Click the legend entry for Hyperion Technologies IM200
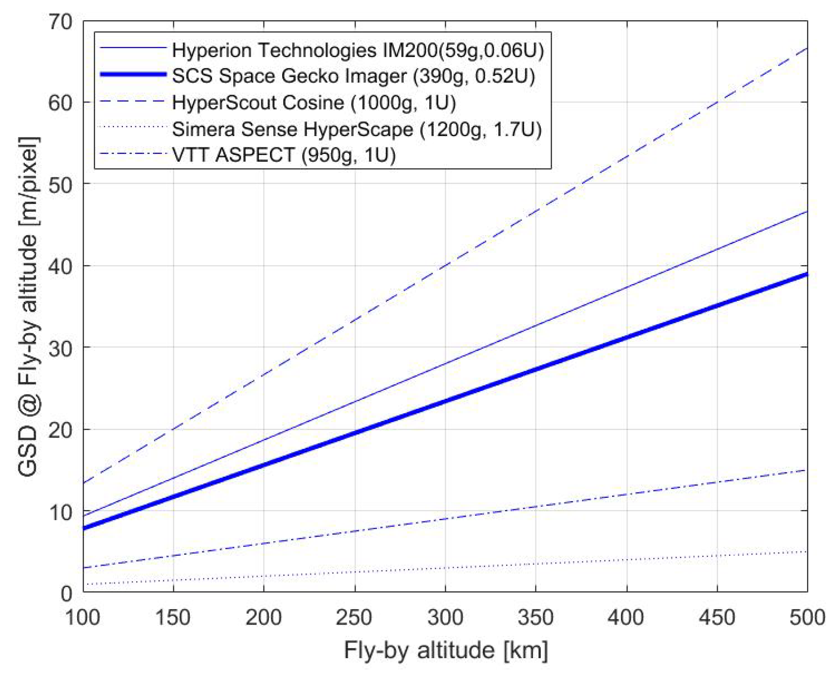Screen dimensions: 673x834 [358, 50]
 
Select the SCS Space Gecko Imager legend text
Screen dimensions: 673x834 [353, 76]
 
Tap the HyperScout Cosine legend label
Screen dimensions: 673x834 [313, 102]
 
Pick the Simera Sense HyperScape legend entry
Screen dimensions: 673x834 [357, 129]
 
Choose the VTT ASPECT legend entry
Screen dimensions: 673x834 [283, 155]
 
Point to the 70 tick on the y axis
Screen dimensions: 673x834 [60, 22]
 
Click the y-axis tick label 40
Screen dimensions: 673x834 [60, 266]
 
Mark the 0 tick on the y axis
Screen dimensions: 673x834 [66, 593]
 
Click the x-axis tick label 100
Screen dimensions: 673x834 [83, 618]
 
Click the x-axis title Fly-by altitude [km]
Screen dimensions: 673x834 [446, 650]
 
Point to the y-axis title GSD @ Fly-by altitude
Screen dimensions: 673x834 [28, 307]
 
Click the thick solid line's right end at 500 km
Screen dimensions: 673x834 [806, 274]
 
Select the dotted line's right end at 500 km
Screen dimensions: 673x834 [806, 551]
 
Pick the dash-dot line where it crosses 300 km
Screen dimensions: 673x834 [445, 519]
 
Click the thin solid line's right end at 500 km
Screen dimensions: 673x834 [806, 212]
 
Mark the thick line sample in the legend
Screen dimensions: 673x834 [133, 74]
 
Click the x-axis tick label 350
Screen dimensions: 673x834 [535, 618]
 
